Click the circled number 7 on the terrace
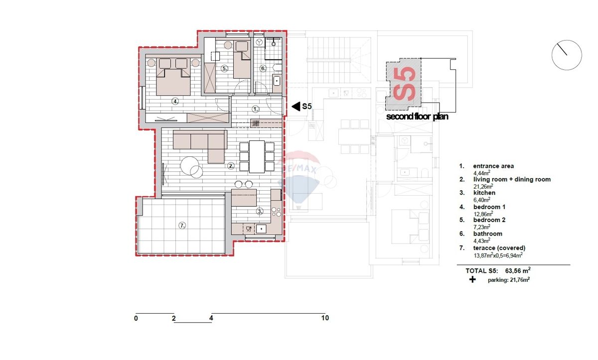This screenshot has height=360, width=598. point(182,226)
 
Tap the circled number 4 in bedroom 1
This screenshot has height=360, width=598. point(175,102)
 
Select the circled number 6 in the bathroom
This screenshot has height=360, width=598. point(263,69)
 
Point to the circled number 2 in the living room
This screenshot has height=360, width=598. point(231,166)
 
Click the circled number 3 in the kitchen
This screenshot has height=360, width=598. point(260,212)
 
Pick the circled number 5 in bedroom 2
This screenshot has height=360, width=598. point(225,69)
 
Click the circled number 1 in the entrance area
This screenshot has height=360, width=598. point(256,109)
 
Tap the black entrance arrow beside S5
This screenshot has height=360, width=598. point(296,107)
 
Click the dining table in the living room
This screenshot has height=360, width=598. point(257,157)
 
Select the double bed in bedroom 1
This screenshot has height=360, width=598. point(173,77)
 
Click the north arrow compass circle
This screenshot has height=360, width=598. point(567,55)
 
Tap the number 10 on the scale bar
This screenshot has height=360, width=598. point(325,318)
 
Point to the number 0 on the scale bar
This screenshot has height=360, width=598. point(136,318)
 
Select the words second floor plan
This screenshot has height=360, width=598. point(417,117)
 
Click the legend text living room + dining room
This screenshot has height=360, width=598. point(512,179)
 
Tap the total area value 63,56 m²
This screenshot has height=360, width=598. point(518,270)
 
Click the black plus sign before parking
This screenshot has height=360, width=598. point(472,279)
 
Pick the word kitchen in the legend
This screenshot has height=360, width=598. point(484,193)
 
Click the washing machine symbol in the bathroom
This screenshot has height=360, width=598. point(259,42)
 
